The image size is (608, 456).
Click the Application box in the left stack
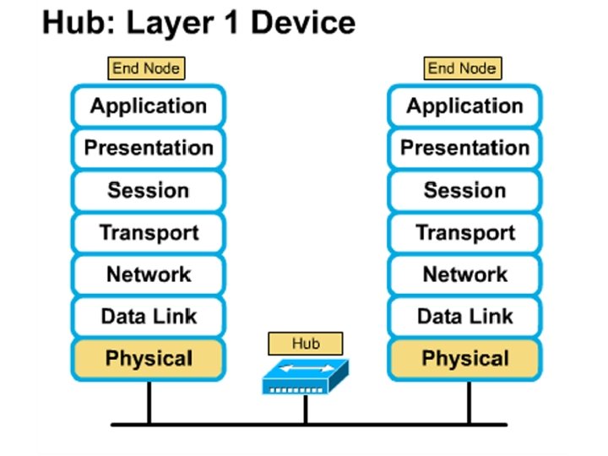[x=148, y=106]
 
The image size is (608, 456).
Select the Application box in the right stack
[x=464, y=106]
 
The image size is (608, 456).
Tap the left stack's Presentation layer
[x=148, y=149]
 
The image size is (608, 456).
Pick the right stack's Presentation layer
[x=464, y=149]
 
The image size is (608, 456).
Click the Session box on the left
[x=148, y=191]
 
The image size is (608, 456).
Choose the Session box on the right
[x=464, y=191]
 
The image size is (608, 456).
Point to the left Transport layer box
[x=148, y=233]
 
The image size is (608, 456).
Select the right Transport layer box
[x=464, y=233]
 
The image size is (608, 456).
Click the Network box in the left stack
[x=148, y=274]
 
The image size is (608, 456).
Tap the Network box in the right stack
[x=464, y=274]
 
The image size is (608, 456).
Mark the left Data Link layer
[x=148, y=317]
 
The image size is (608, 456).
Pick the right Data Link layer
[x=464, y=317]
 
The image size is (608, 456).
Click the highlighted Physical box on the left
[x=148, y=359]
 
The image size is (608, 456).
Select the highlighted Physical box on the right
[x=464, y=359]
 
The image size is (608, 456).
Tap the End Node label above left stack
[x=146, y=68]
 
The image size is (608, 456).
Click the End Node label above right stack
[x=462, y=68]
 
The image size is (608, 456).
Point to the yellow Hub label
[x=306, y=343]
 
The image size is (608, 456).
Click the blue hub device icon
[x=305, y=377]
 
